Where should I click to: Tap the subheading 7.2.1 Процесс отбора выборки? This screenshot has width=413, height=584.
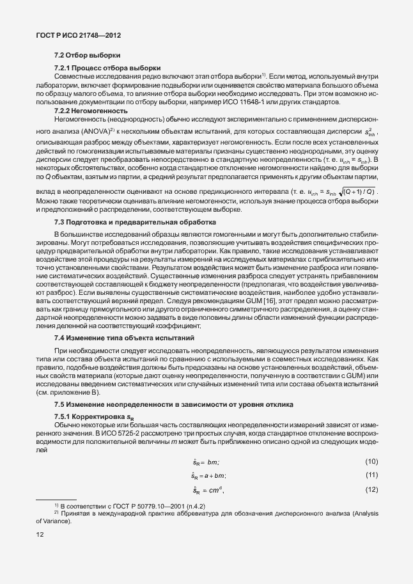107,68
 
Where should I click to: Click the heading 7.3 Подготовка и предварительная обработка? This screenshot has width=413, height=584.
136,221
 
